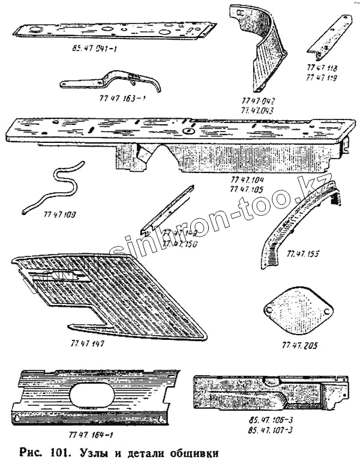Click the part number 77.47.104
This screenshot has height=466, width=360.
(247, 180)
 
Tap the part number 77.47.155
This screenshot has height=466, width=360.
(304, 254)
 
